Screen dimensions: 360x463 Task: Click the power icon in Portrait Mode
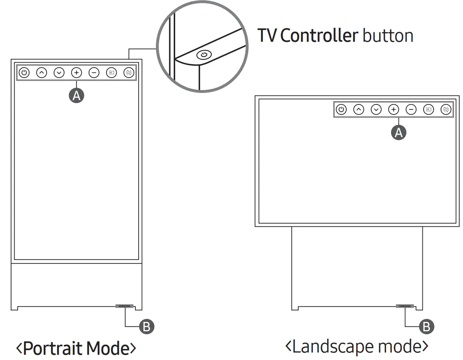(x=24, y=73)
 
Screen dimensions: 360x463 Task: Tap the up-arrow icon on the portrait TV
(x=41, y=73)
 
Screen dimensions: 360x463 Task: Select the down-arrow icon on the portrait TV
(x=59, y=73)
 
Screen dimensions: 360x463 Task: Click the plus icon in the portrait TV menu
(x=76, y=73)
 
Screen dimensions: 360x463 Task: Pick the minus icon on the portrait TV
(x=94, y=73)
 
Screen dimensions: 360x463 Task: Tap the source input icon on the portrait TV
(x=111, y=73)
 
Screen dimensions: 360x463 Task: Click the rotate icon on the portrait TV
(x=129, y=73)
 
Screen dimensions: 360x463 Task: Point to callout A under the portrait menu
(x=76, y=96)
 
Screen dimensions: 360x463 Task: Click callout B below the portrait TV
(x=147, y=327)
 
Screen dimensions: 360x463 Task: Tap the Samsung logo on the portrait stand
(x=125, y=306)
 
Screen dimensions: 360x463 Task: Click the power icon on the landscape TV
(x=341, y=110)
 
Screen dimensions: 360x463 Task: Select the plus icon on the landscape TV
(x=394, y=110)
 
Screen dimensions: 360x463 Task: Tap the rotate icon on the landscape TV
(x=446, y=110)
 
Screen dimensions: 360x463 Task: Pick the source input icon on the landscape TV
(x=429, y=110)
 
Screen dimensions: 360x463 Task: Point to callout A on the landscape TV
(x=399, y=132)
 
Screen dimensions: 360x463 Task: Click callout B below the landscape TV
(x=426, y=327)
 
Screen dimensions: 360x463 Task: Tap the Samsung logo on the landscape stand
(x=405, y=306)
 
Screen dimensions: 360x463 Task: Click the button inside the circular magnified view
(x=204, y=55)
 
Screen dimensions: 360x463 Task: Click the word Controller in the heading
(x=319, y=36)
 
